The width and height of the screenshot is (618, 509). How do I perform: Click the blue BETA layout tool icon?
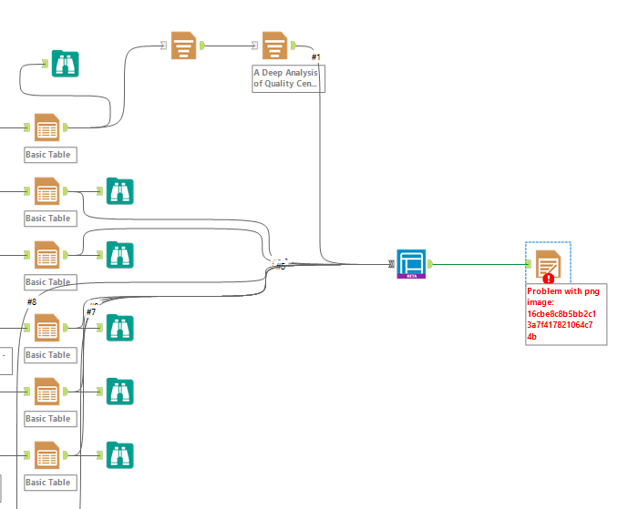coord(411,263)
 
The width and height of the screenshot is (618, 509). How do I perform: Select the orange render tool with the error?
coord(547,264)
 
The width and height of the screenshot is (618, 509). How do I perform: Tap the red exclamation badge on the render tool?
coord(548,279)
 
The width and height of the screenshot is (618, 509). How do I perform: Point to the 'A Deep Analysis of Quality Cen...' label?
coord(288,77)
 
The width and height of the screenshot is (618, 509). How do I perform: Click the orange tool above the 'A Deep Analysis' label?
coord(275,45)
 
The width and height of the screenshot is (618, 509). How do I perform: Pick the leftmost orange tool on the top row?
coord(183,45)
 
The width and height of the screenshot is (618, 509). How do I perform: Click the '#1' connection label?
coord(315,57)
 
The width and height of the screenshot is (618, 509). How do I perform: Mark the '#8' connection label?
coord(31,301)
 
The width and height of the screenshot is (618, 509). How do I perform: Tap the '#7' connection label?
coord(90,312)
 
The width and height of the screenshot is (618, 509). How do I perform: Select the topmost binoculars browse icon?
coord(65,63)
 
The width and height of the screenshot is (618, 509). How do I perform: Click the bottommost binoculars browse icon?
coord(120,453)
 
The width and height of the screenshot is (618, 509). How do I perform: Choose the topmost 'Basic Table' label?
coord(48,155)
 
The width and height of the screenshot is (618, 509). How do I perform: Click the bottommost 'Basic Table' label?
coord(48,483)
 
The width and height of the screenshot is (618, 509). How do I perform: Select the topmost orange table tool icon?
coord(46,127)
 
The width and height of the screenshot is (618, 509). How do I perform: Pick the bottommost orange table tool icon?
coord(46,453)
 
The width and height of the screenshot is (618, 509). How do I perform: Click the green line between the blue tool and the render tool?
coord(479,264)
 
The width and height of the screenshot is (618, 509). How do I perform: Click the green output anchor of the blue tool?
coord(430,264)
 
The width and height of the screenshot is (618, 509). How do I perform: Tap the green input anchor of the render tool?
coord(530,264)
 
